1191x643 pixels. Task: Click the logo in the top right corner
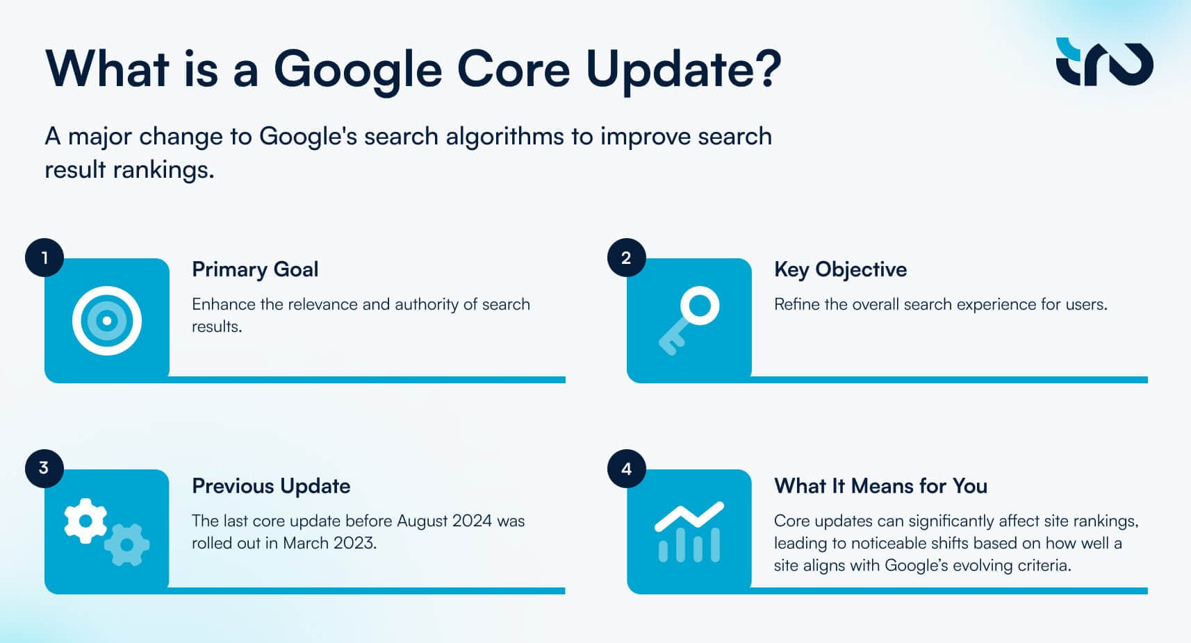tap(1104, 62)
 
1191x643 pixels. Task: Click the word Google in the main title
tap(357, 70)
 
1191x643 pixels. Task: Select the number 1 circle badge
tap(44, 258)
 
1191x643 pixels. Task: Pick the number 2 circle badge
tap(626, 258)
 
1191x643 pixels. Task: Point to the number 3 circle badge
tap(44, 468)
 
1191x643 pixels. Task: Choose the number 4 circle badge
tap(626, 469)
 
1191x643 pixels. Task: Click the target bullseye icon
tap(107, 321)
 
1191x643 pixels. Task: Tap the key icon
tap(689, 320)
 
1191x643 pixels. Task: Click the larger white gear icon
tap(85, 521)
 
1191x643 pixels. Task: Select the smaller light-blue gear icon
tap(127, 544)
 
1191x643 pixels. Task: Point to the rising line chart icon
tap(689, 532)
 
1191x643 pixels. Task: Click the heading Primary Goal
tap(255, 269)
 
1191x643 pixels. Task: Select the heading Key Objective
tap(840, 269)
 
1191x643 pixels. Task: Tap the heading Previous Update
tap(271, 486)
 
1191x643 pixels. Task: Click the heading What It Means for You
tap(880, 486)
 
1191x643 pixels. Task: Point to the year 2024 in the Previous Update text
tap(472, 521)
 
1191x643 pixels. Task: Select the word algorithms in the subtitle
tap(504, 137)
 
